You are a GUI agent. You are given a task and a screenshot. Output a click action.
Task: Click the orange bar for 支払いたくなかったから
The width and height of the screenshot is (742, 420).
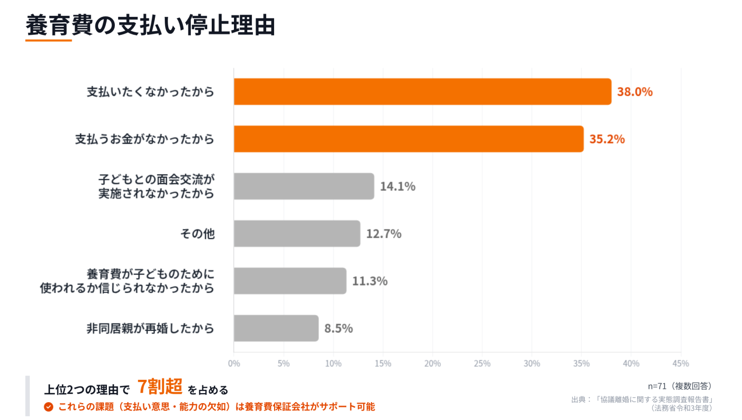click(x=422, y=92)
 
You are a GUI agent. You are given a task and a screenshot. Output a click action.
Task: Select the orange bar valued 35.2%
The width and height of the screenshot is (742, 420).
click(x=409, y=139)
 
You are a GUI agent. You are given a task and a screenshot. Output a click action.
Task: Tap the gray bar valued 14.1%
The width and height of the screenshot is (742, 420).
click(x=304, y=186)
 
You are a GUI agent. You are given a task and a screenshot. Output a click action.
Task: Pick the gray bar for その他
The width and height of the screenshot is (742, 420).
click(x=297, y=234)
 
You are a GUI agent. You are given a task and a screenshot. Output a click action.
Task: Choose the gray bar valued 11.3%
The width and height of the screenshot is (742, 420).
click(x=290, y=281)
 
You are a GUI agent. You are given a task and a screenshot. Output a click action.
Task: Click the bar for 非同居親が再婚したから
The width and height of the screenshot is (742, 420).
click(x=276, y=328)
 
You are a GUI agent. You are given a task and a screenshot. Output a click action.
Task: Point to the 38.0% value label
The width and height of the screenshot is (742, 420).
click(x=635, y=92)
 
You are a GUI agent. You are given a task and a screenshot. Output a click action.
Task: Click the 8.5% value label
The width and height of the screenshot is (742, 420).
click(x=338, y=329)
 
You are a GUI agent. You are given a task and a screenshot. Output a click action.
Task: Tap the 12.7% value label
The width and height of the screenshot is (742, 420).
click(x=383, y=234)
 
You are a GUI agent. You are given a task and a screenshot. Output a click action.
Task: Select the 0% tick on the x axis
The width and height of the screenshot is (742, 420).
click(x=234, y=364)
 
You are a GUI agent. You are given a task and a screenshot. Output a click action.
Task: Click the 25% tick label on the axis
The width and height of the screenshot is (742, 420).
click(x=482, y=364)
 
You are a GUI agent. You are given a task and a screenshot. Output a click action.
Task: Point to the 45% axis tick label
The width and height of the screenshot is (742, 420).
click(x=681, y=364)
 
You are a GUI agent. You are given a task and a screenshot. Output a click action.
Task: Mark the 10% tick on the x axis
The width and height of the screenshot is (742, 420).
click(x=333, y=364)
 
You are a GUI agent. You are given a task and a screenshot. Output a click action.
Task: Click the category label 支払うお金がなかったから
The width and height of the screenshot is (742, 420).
click(x=144, y=139)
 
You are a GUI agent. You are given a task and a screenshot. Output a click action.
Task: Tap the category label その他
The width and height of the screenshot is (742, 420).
click(x=197, y=234)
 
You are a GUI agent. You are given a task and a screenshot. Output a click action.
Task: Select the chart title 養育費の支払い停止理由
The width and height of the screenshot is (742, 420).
click(x=150, y=26)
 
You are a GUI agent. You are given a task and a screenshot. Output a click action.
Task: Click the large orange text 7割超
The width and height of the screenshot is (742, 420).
click(x=160, y=386)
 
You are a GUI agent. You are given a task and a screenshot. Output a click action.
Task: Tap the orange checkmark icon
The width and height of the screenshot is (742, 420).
click(x=48, y=407)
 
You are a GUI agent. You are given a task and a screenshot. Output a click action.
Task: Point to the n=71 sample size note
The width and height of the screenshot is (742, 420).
click(x=680, y=386)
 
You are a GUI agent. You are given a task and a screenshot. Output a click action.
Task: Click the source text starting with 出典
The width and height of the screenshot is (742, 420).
click(x=642, y=403)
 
